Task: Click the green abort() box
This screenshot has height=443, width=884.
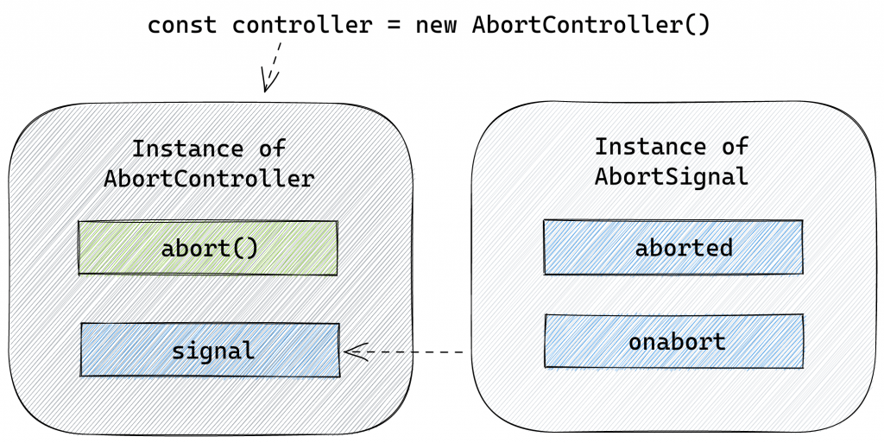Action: click(207, 248)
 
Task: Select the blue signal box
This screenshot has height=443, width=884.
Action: click(211, 350)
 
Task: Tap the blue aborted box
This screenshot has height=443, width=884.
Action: click(673, 247)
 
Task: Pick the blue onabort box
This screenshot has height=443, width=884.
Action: click(674, 341)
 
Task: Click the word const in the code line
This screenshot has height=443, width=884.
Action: click(182, 25)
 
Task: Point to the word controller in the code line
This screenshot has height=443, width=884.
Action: click(302, 25)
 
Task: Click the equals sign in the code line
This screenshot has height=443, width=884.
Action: click(394, 26)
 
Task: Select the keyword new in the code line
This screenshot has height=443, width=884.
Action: click(436, 26)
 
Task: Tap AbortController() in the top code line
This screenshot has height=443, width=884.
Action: click(590, 25)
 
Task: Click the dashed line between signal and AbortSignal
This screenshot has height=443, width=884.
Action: click(403, 351)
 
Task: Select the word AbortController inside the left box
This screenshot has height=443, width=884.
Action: click(209, 179)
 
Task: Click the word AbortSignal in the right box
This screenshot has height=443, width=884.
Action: click(671, 176)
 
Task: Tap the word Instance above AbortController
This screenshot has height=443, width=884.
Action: click(187, 149)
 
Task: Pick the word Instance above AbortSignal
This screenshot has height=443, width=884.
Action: click(650, 147)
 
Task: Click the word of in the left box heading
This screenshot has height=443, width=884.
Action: click(272, 149)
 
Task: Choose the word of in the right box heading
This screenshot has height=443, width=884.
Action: click(735, 147)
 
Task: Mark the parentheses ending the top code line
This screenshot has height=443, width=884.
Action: click(697, 25)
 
